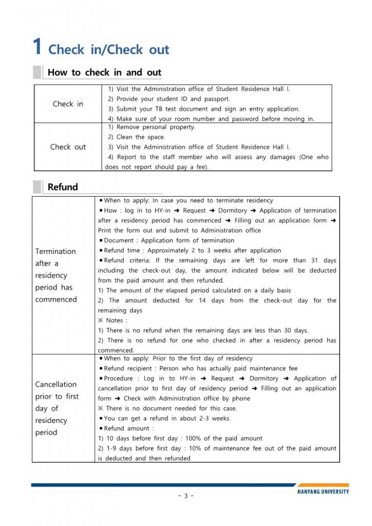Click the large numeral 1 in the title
37,47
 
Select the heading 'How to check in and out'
104,72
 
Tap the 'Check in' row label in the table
68,104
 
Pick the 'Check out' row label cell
68,147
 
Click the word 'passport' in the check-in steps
216,99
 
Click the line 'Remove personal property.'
152,127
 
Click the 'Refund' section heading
63,187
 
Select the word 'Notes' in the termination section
115,321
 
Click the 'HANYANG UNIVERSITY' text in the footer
323,492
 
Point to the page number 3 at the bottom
186,496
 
